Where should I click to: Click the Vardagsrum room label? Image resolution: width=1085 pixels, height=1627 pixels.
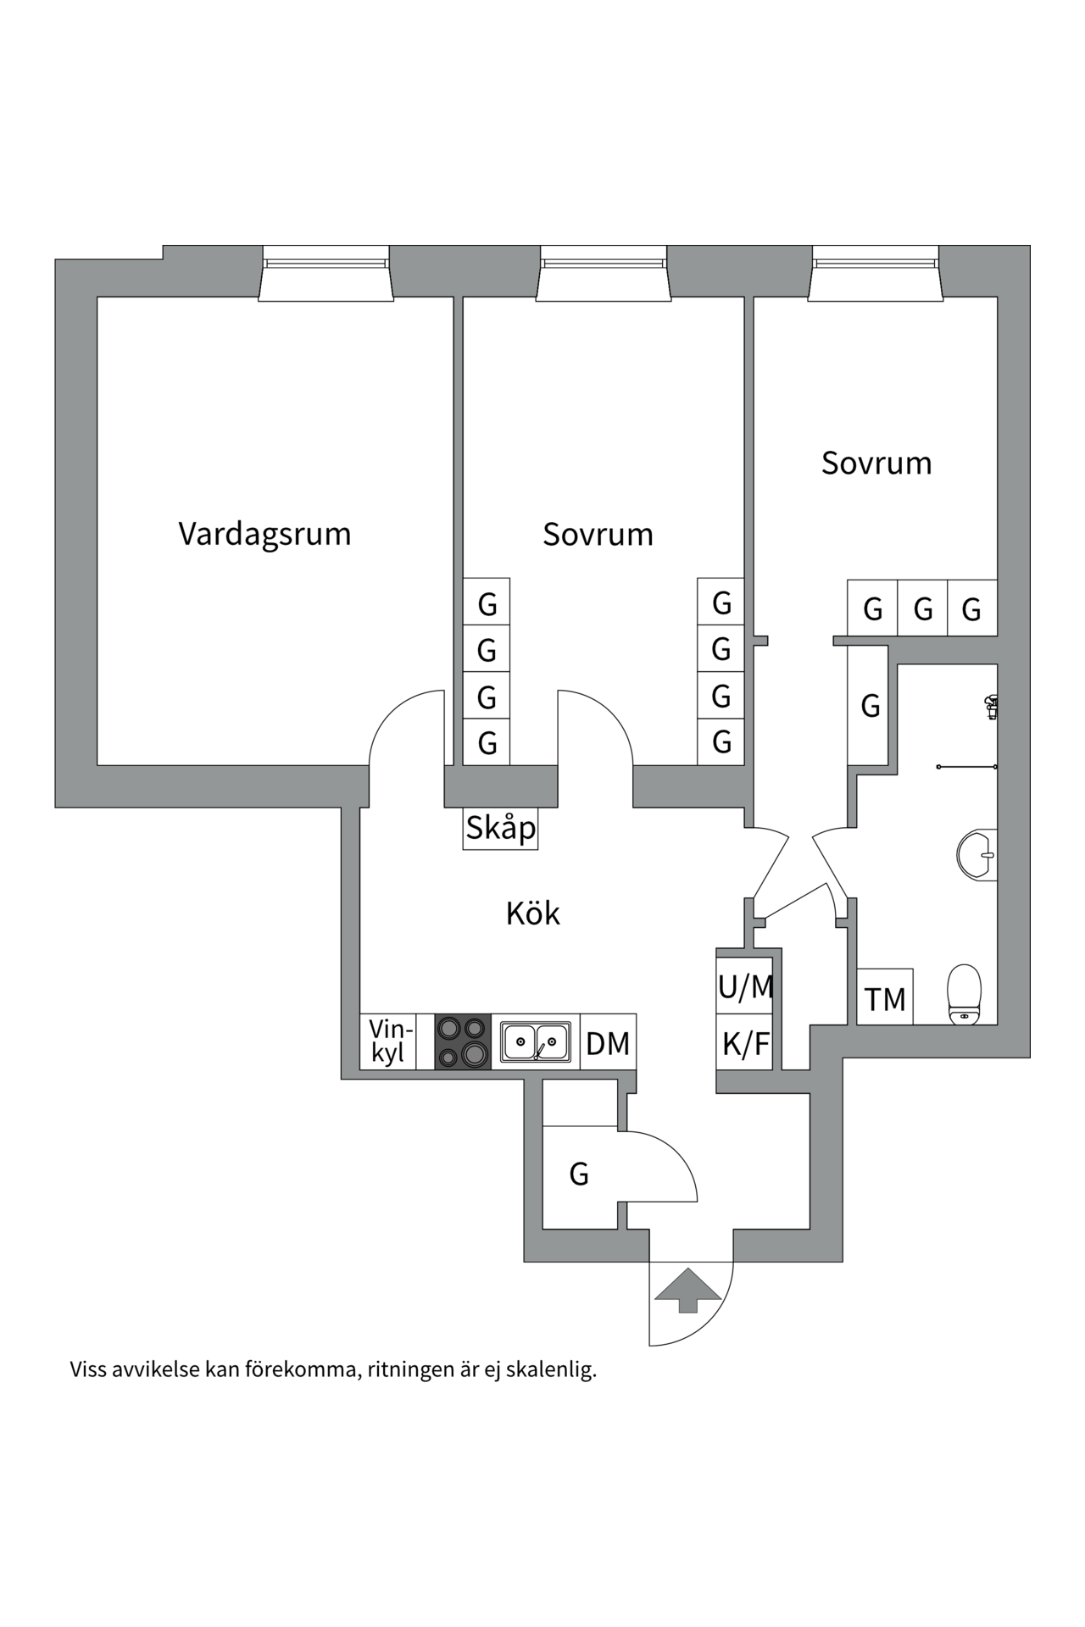point(264,535)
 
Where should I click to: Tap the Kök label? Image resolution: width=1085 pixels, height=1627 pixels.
point(532,913)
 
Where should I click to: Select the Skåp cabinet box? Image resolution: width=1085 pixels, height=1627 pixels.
point(501,828)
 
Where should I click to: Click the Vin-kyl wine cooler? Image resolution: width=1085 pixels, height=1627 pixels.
point(388,1041)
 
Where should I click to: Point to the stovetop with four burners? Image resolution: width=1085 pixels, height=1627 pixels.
point(463,1041)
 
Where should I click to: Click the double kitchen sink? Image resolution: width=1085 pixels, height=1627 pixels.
point(535,1042)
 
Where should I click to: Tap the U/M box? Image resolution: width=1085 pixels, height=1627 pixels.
point(745,986)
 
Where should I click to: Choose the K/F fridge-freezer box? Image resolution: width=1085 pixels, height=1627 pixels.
point(745,1044)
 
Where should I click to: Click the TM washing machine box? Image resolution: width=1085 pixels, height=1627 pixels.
point(885,999)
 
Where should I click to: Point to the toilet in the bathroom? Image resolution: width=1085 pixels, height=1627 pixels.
point(964,993)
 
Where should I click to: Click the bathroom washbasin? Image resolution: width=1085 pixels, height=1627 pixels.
point(978,854)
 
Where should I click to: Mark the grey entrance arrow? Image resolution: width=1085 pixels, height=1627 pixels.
point(687,1290)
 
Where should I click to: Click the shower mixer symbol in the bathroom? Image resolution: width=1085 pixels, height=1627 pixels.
point(990,705)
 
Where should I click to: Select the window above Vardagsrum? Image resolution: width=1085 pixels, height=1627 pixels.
point(325,273)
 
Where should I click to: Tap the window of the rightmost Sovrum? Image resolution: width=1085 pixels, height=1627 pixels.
point(876,273)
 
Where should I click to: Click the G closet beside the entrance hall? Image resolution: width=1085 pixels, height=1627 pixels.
point(579,1174)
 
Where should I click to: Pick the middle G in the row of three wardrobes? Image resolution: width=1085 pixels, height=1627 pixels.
point(922,609)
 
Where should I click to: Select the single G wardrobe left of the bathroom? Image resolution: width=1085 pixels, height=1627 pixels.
point(870,706)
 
